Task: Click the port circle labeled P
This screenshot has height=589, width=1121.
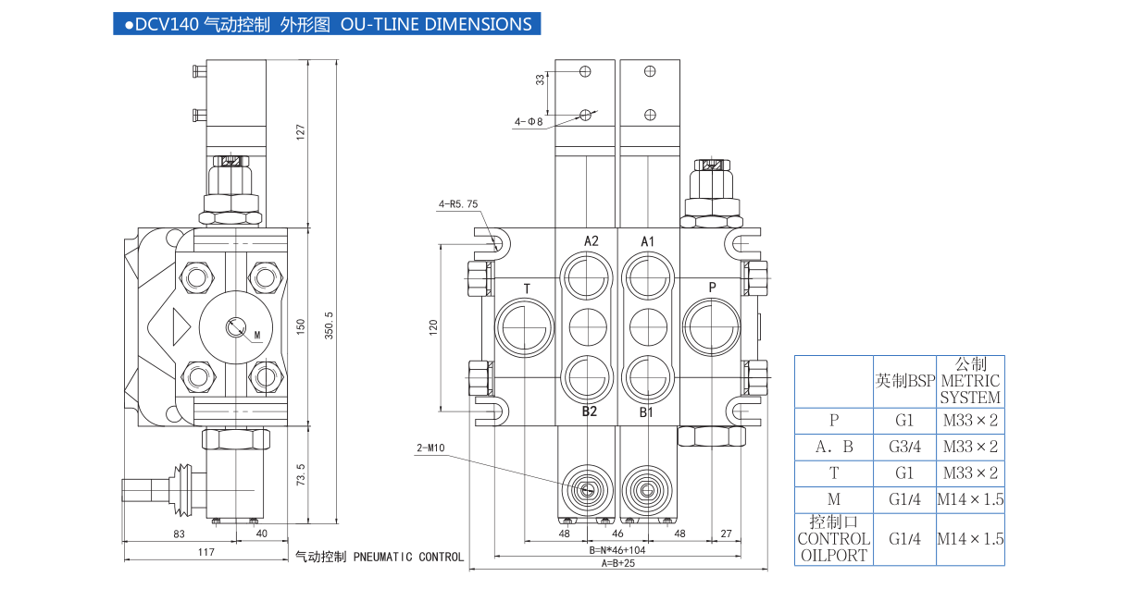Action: click(x=711, y=326)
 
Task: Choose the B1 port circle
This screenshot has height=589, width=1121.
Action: click(x=647, y=376)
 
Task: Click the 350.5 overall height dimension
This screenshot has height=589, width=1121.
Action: click(x=329, y=324)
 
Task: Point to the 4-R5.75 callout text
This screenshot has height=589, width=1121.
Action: click(x=459, y=204)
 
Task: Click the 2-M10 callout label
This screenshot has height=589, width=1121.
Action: click(x=430, y=448)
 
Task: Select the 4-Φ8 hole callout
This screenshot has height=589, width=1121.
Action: click(x=529, y=121)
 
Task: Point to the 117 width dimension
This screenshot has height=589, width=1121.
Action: click(x=206, y=552)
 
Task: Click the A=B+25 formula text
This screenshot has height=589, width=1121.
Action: click(x=618, y=563)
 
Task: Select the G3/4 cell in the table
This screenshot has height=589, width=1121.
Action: click(x=905, y=447)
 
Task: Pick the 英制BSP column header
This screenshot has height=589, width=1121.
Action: click(x=905, y=381)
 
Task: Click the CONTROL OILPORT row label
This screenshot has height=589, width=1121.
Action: click(x=833, y=539)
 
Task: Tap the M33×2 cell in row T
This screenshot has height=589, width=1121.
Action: click(x=969, y=473)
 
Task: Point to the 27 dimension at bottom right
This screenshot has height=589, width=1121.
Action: click(x=726, y=534)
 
